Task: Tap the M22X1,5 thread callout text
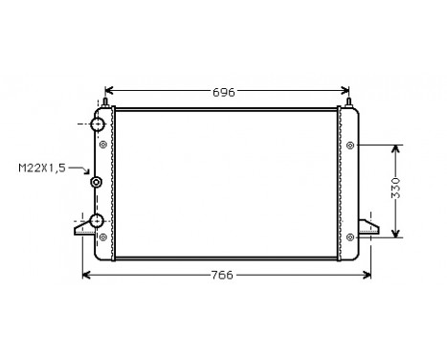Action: pos(42,169)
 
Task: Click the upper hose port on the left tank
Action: pos(97,125)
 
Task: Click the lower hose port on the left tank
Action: pos(97,222)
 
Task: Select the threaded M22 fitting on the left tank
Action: pos(95,184)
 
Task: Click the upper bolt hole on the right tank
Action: pos(350,146)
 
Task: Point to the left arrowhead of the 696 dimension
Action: pos(107,92)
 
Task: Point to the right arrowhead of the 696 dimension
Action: pos(347,92)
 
